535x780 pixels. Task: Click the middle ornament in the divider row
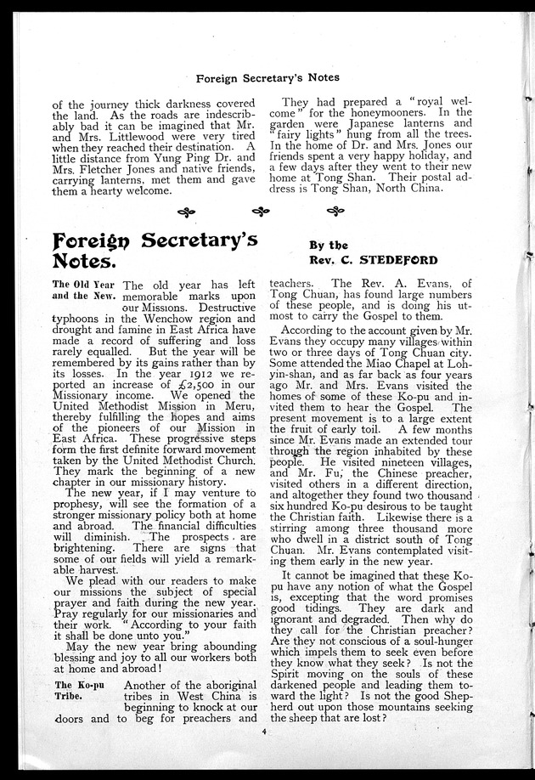tap(262, 211)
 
